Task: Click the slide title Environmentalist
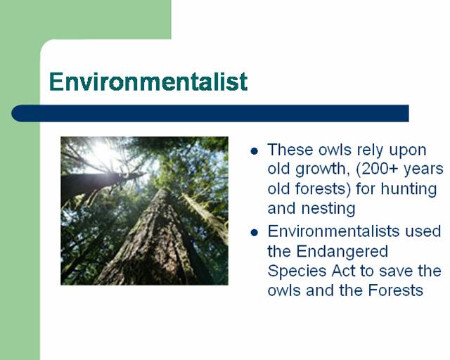click(148, 82)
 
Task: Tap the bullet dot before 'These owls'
click(254, 151)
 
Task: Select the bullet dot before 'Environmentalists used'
click(254, 232)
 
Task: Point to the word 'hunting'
click(409, 189)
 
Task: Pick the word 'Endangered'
click(342, 251)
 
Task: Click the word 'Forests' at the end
click(396, 290)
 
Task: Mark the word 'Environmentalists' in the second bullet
click(333, 231)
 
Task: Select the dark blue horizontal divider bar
click(210, 113)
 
